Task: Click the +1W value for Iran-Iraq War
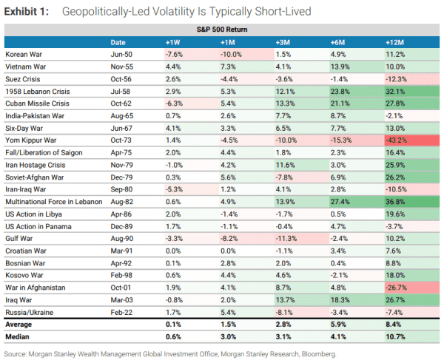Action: point(174,188)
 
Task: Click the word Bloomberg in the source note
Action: point(319,354)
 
